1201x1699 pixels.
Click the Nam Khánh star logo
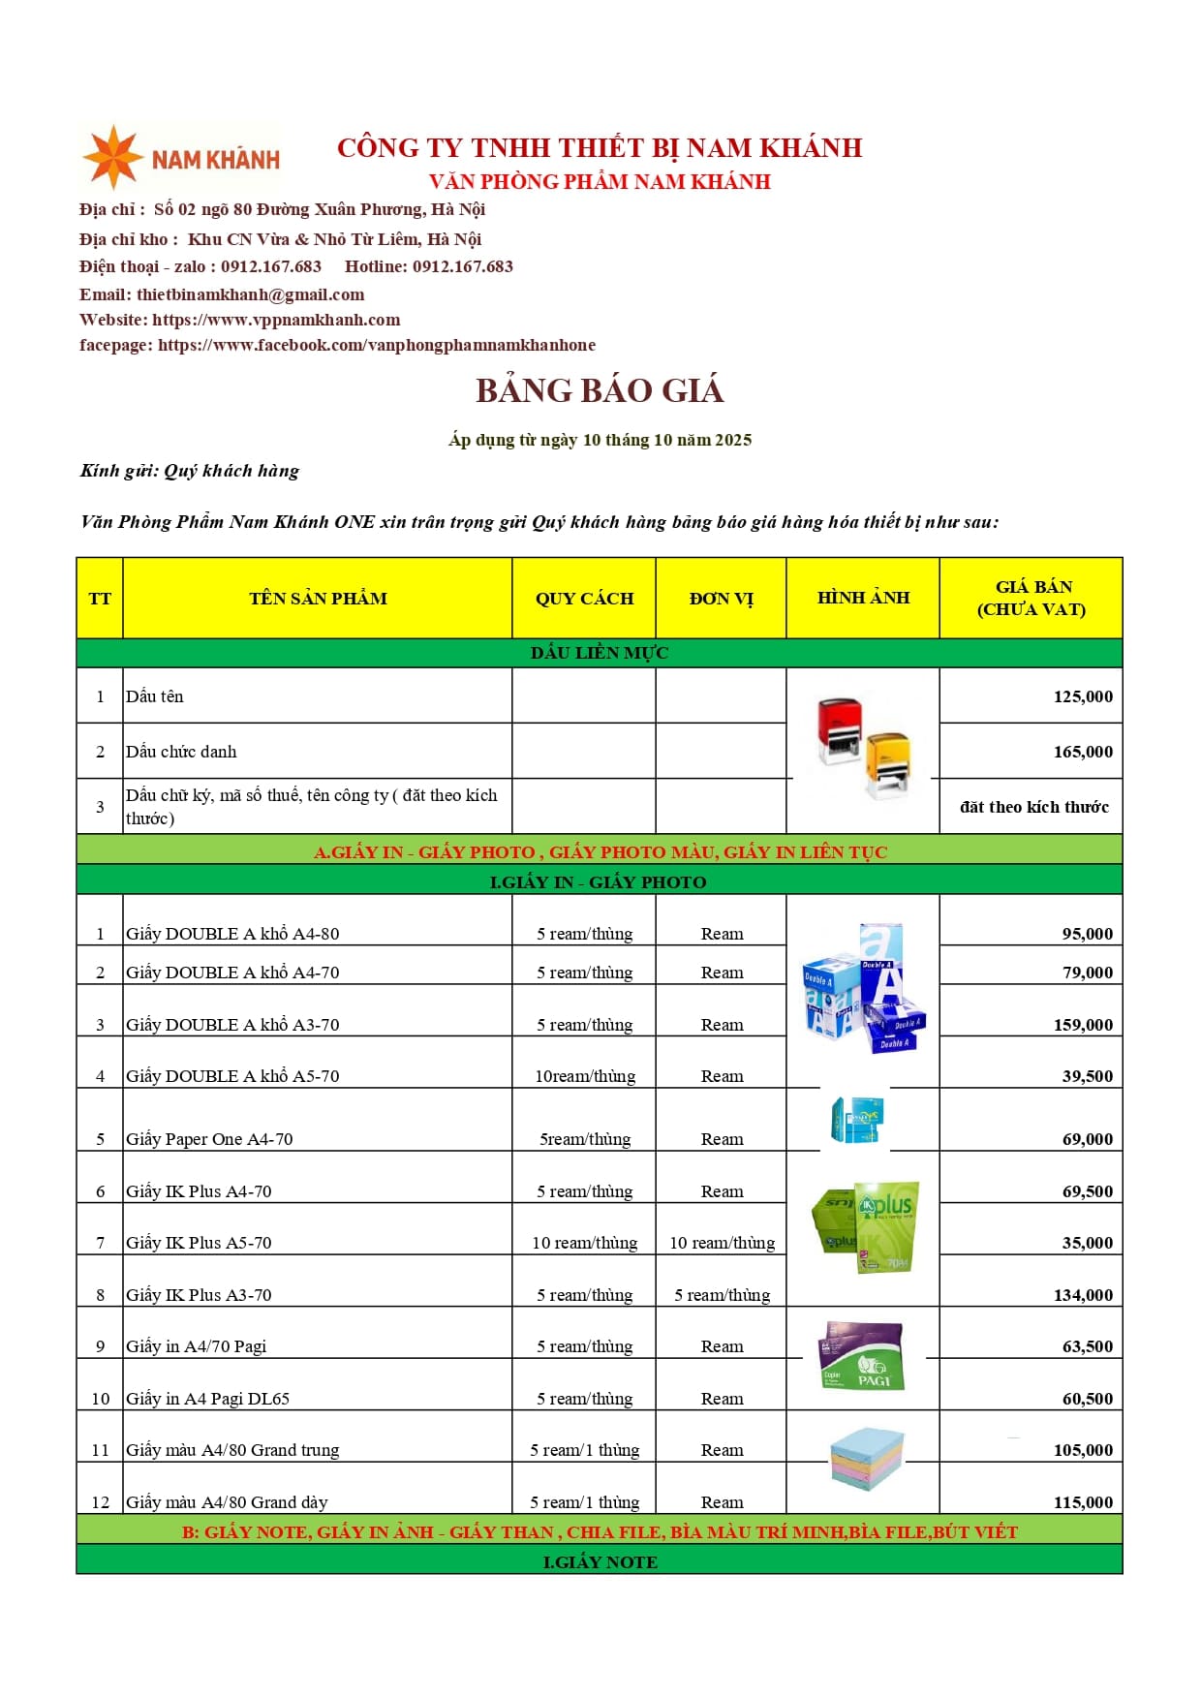pyautogui.click(x=113, y=157)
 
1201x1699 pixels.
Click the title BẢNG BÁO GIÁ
pyautogui.click(x=600, y=390)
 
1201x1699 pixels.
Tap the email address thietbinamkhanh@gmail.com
pyautogui.click(x=251, y=294)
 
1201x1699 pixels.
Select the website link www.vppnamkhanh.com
pyautogui.click(x=276, y=320)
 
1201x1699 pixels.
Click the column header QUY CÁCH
pyautogui.click(x=584, y=599)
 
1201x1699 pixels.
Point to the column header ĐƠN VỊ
pyautogui.click(x=721, y=599)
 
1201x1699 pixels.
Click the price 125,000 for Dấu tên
pyautogui.click(x=1083, y=696)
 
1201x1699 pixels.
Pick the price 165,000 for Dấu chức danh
pyautogui.click(x=1083, y=752)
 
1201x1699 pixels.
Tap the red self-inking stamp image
pyautogui.click(x=839, y=729)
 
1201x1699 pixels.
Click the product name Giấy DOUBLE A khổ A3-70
pyautogui.click(x=232, y=1025)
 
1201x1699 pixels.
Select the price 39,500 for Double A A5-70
pyautogui.click(x=1087, y=1076)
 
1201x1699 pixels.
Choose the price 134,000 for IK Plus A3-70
pyautogui.click(x=1083, y=1295)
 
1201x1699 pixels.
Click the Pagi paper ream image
pyautogui.click(x=861, y=1356)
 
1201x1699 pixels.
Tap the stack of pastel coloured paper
pyautogui.click(x=866, y=1459)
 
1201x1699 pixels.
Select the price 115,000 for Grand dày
pyautogui.click(x=1083, y=1502)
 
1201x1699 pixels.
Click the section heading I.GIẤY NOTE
pyautogui.click(x=600, y=1562)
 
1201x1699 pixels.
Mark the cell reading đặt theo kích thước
pyautogui.click(x=1033, y=807)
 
